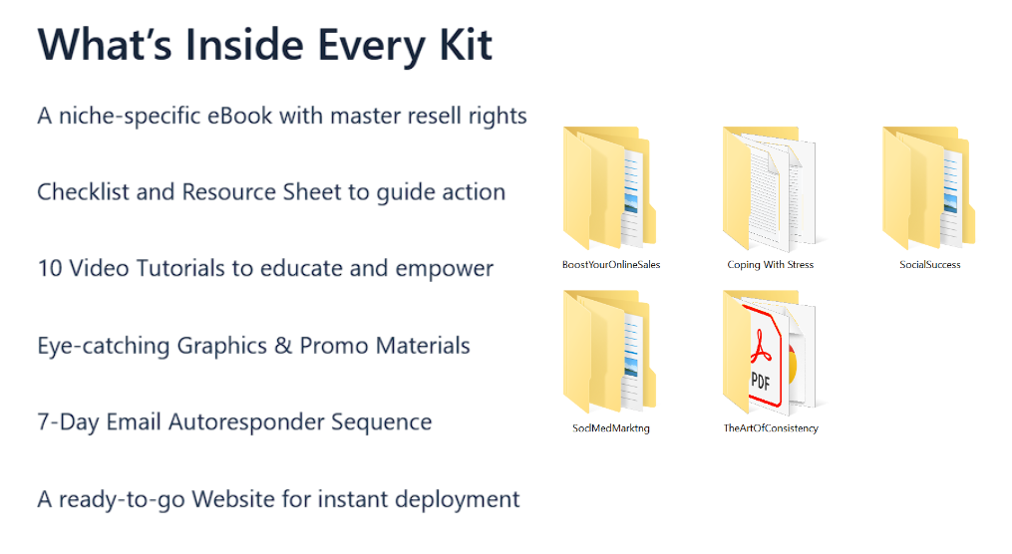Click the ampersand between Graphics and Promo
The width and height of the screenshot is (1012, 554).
click(x=283, y=346)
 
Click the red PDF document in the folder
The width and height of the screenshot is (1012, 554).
click(x=762, y=356)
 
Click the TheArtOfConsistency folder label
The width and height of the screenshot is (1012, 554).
click(x=771, y=428)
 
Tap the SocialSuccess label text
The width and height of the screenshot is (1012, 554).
click(x=930, y=264)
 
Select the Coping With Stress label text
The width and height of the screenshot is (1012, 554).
click(x=770, y=264)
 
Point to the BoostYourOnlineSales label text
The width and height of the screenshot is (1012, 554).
click(x=611, y=264)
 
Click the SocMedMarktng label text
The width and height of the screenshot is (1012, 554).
click(x=611, y=428)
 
